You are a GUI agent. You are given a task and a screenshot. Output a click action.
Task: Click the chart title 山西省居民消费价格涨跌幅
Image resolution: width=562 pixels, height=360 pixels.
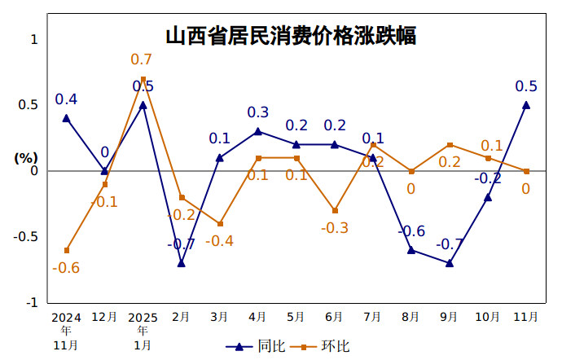point(291,37)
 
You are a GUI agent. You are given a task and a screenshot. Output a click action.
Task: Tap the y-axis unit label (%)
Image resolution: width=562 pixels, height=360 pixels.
point(27,158)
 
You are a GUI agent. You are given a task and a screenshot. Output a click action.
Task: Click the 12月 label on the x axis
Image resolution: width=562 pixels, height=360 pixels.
point(104,317)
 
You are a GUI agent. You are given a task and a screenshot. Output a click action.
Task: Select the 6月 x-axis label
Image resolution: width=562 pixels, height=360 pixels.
point(334,317)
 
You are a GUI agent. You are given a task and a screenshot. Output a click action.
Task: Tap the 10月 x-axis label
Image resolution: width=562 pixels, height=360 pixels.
point(487,317)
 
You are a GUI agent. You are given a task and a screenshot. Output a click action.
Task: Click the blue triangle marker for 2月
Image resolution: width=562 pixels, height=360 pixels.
point(182,263)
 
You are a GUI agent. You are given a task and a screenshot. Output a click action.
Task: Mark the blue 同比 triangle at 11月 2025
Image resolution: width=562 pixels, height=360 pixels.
point(526,105)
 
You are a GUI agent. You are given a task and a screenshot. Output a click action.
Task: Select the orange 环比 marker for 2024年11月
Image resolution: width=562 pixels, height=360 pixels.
point(66,250)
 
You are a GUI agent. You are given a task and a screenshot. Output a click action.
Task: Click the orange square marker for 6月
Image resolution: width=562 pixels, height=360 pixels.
point(335,210)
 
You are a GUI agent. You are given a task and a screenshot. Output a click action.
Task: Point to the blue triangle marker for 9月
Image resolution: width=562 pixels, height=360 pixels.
point(450,263)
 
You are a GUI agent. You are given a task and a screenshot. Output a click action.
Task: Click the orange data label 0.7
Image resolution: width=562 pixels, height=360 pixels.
point(142,59)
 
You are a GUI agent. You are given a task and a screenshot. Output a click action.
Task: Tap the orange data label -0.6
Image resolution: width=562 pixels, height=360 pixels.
point(66,268)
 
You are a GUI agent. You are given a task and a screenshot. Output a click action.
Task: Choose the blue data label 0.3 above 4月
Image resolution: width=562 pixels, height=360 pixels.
point(258,112)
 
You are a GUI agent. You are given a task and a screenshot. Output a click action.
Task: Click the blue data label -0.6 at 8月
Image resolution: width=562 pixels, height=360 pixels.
point(411,231)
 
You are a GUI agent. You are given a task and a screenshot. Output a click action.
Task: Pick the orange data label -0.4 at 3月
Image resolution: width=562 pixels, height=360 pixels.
point(220,241)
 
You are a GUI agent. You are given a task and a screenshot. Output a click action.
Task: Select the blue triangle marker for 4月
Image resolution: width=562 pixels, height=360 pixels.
point(258,131)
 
